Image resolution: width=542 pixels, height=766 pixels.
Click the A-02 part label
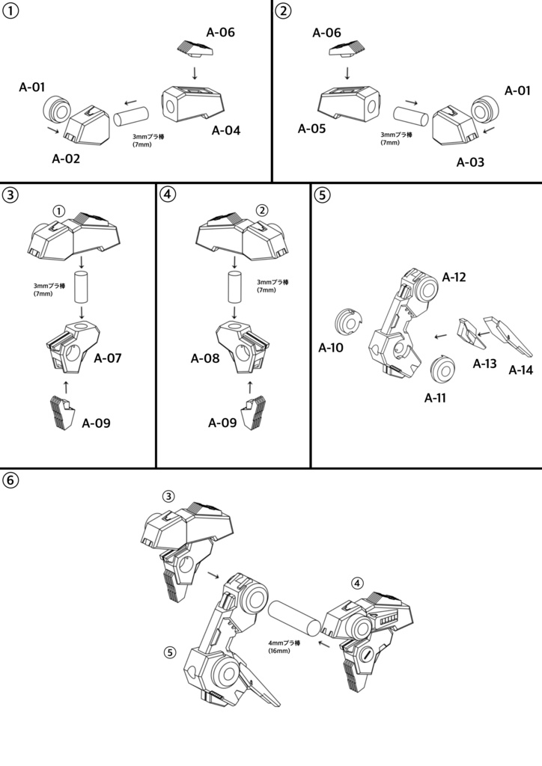point(66,159)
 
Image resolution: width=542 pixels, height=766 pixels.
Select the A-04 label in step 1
point(226,131)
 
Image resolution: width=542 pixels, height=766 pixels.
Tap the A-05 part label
point(312,129)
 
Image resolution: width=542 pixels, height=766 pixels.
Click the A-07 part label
point(108,358)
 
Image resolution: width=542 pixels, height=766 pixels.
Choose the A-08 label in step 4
point(204,358)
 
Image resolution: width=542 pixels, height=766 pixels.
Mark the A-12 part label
point(454,278)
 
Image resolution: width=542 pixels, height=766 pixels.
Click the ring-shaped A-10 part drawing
point(347,322)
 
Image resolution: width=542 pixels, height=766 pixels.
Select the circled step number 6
point(11,481)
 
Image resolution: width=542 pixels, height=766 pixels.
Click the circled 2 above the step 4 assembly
point(261,210)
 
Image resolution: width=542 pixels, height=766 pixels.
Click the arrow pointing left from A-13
point(442,336)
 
